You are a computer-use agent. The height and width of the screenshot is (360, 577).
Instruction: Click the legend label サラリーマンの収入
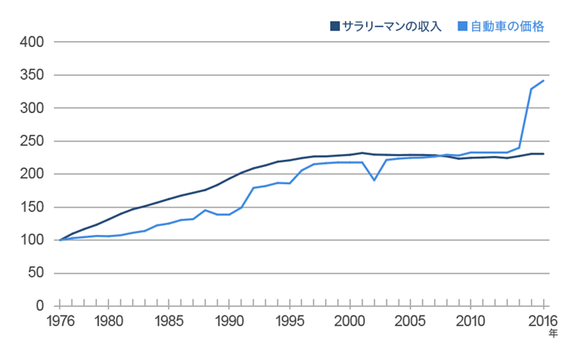click(x=392, y=27)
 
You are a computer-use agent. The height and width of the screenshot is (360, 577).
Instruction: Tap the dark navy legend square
click(x=335, y=27)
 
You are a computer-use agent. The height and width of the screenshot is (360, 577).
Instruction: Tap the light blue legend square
click(x=464, y=27)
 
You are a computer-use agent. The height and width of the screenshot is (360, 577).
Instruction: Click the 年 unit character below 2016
click(x=553, y=333)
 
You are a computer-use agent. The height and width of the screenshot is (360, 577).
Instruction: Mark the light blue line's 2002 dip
click(x=374, y=180)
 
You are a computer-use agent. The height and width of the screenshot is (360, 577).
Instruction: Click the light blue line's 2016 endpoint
click(x=543, y=81)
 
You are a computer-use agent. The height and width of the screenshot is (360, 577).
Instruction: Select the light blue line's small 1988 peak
click(x=205, y=210)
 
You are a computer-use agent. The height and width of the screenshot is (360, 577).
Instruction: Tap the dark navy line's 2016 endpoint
click(x=543, y=153)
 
